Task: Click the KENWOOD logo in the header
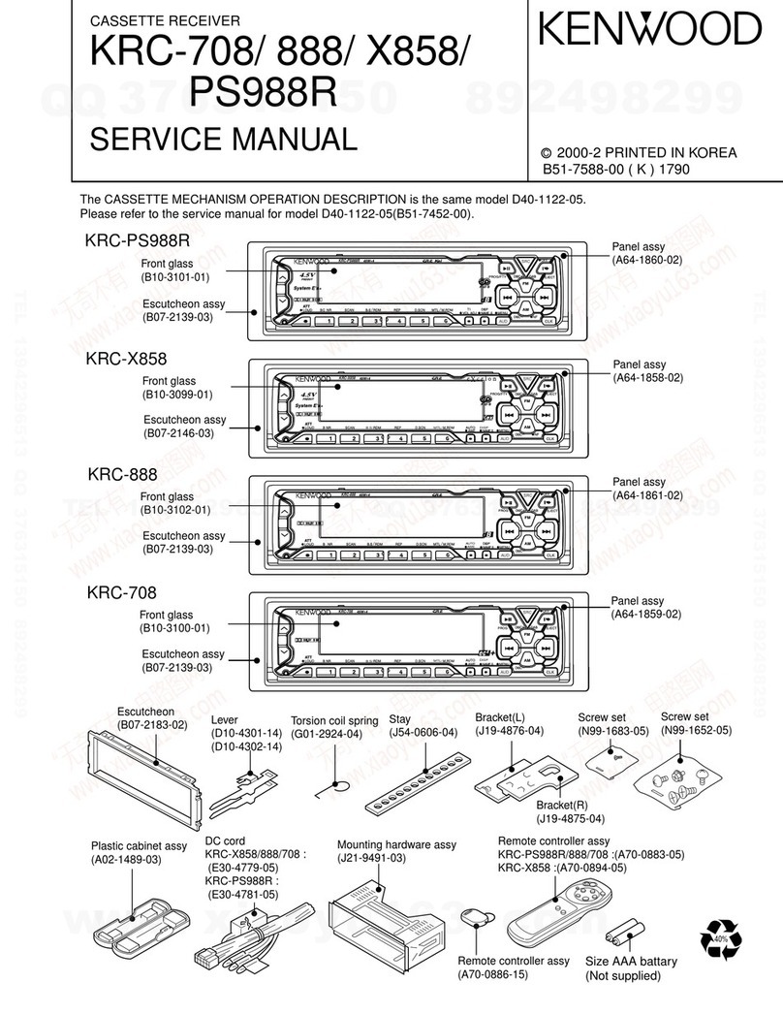pos(650,29)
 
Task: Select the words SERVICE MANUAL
pos(223,140)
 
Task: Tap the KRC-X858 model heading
pos(126,359)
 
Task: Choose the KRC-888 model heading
pos(122,475)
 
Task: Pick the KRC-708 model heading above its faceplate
pos(122,591)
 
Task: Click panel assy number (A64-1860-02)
pos(646,261)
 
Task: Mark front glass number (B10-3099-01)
pos(178,395)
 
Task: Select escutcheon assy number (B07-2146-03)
pos(179,433)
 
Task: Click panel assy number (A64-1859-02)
pos(646,615)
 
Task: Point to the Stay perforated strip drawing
pos(413,784)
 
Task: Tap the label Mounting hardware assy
pos(396,844)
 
